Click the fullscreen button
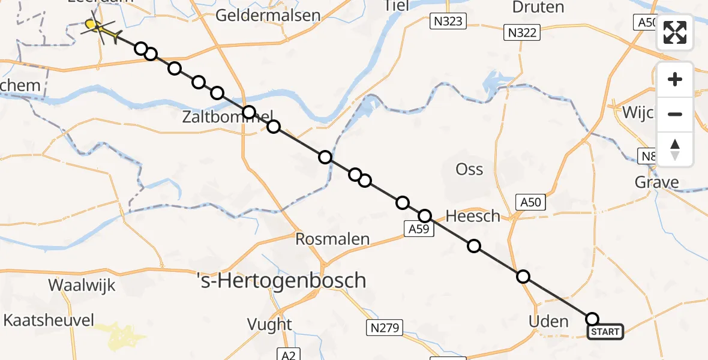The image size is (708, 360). click(x=675, y=32)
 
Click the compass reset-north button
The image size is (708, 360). click(x=675, y=149)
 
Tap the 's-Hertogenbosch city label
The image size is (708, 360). click(x=282, y=280)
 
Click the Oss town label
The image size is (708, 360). click(x=469, y=169)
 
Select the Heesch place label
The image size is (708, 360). click(x=473, y=216)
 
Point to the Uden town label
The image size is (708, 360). click(x=548, y=321)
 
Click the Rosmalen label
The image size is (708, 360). click(x=332, y=239)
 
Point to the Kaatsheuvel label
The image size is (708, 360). click(x=49, y=320)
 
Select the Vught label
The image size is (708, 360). click(x=269, y=325)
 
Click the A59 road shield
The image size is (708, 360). click(x=419, y=228)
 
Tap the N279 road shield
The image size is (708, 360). click(x=384, y=327)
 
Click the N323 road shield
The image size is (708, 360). click(x=449, y=22)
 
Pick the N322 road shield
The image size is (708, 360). click(x=521, y=33)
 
